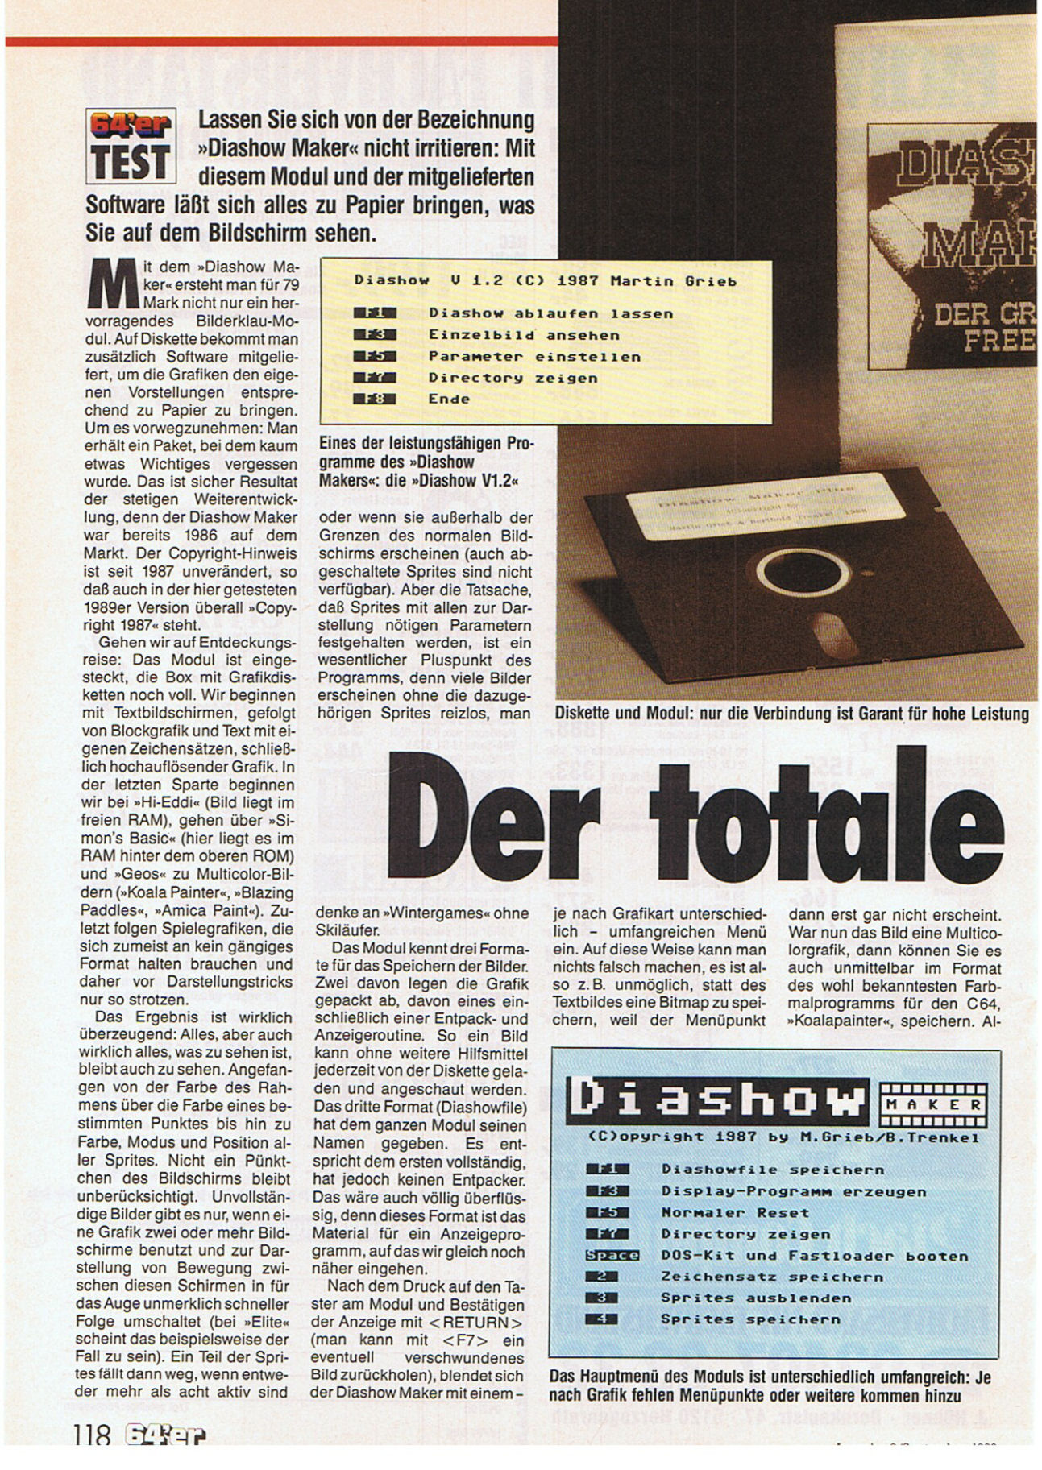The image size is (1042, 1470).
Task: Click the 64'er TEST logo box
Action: tap(131, 146)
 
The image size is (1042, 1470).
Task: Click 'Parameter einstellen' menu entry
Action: tap(534, 356)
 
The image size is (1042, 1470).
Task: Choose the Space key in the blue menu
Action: tap(612, 1255)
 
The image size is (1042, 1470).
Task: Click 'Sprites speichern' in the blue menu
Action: tap(750, 1319)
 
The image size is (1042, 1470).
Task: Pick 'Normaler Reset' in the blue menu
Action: tap(734, 1212)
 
